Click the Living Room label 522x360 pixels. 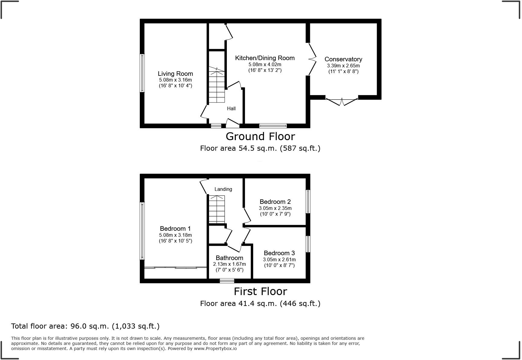coord(175,74)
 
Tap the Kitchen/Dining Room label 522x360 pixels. coord(265,58)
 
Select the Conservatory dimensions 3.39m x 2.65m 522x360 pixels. coord(343,66)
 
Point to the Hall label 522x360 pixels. coord(231,108)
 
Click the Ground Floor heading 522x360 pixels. coord(260,137)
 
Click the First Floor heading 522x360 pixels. coord(260,291)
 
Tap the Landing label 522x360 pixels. coord(223,189)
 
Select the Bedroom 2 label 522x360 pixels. coord(275,202)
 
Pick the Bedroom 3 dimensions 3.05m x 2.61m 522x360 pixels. coord(279,259)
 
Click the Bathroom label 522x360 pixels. coord(229,258)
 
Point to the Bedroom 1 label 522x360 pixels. coord(175,229)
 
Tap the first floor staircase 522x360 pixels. coord(217,209)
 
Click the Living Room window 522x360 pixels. coord(142,73)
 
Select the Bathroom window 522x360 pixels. coord(227,281)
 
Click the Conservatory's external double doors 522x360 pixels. coord(342,101)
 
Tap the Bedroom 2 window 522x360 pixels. coord(308,201)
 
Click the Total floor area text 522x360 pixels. coord(85,326)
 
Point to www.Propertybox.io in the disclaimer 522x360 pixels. coord(215,349)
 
